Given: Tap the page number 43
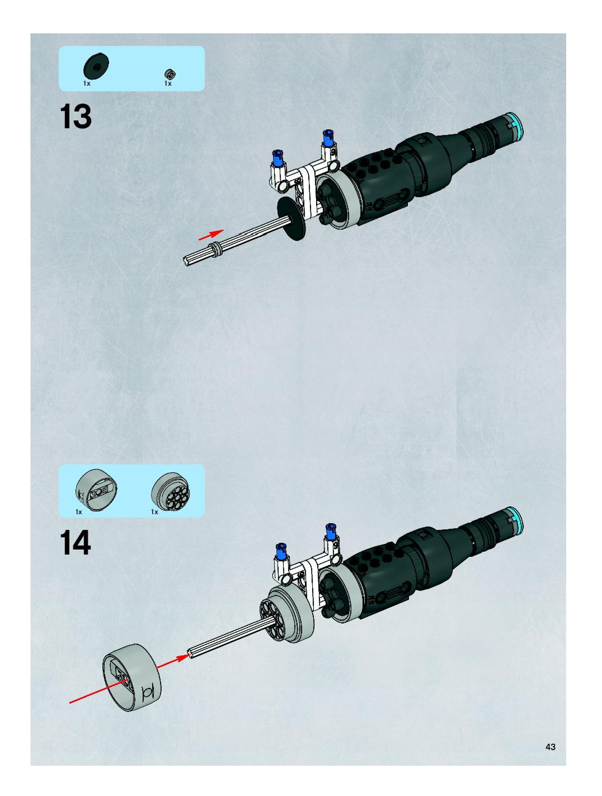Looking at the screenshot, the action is coord(550,747).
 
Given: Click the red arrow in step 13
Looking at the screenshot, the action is coord(211,234).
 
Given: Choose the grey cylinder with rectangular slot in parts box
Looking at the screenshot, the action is coord(96,490).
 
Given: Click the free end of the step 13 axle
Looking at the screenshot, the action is coord(187,262).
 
